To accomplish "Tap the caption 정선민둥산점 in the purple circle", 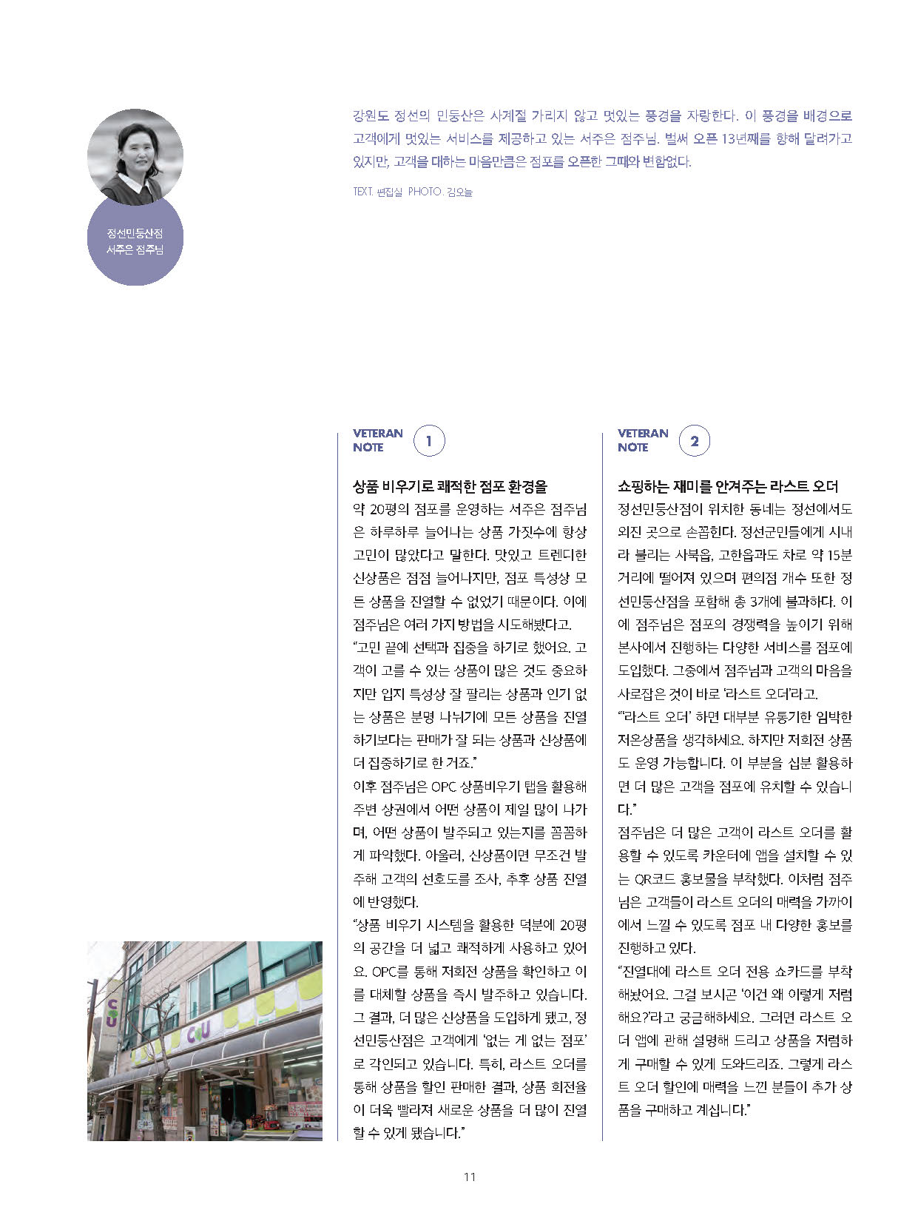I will pos(135,234).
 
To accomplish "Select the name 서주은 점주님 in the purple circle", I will pos(135,249).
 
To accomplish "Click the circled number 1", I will pos(429,442).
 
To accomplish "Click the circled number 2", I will pos(694,442).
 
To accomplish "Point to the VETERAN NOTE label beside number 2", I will pos(643,440).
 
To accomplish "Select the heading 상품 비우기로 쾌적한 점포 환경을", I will pos(450,486).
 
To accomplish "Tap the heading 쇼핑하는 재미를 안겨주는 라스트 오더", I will pos(728,486).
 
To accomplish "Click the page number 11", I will pos(469,1177).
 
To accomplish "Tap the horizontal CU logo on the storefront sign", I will pos(198,1033).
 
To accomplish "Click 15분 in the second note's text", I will pos(839,555).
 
